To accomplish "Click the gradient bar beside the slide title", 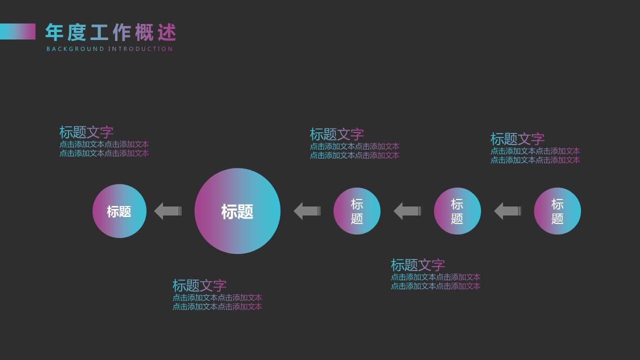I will [x=18, y=31].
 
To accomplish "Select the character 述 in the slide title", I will [x=167, y=32].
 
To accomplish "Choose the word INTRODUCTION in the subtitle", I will [x=140, y=49].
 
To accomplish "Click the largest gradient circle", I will [x=237, y=211].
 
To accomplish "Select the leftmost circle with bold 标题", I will [x=119, y=211].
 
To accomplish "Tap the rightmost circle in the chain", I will [x=557, y=211].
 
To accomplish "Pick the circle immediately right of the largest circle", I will [x=357, y=211].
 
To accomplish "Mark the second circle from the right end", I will [x=457, y=211].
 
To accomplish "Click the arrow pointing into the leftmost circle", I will [x=167, y=211].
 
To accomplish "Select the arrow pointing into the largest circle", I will [x=306, y=211].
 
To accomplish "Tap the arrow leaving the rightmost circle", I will [x=507, y=211].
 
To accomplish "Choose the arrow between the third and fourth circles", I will [x=407, y=211].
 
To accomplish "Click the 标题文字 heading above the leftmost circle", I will [x=86, y=132].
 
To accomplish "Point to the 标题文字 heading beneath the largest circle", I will [x=199, y=285].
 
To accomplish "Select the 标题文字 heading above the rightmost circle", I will [x=517, y=139].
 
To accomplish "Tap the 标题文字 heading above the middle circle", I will [x=337, y=134].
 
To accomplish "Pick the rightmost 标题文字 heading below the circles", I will [x=418, y=265].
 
